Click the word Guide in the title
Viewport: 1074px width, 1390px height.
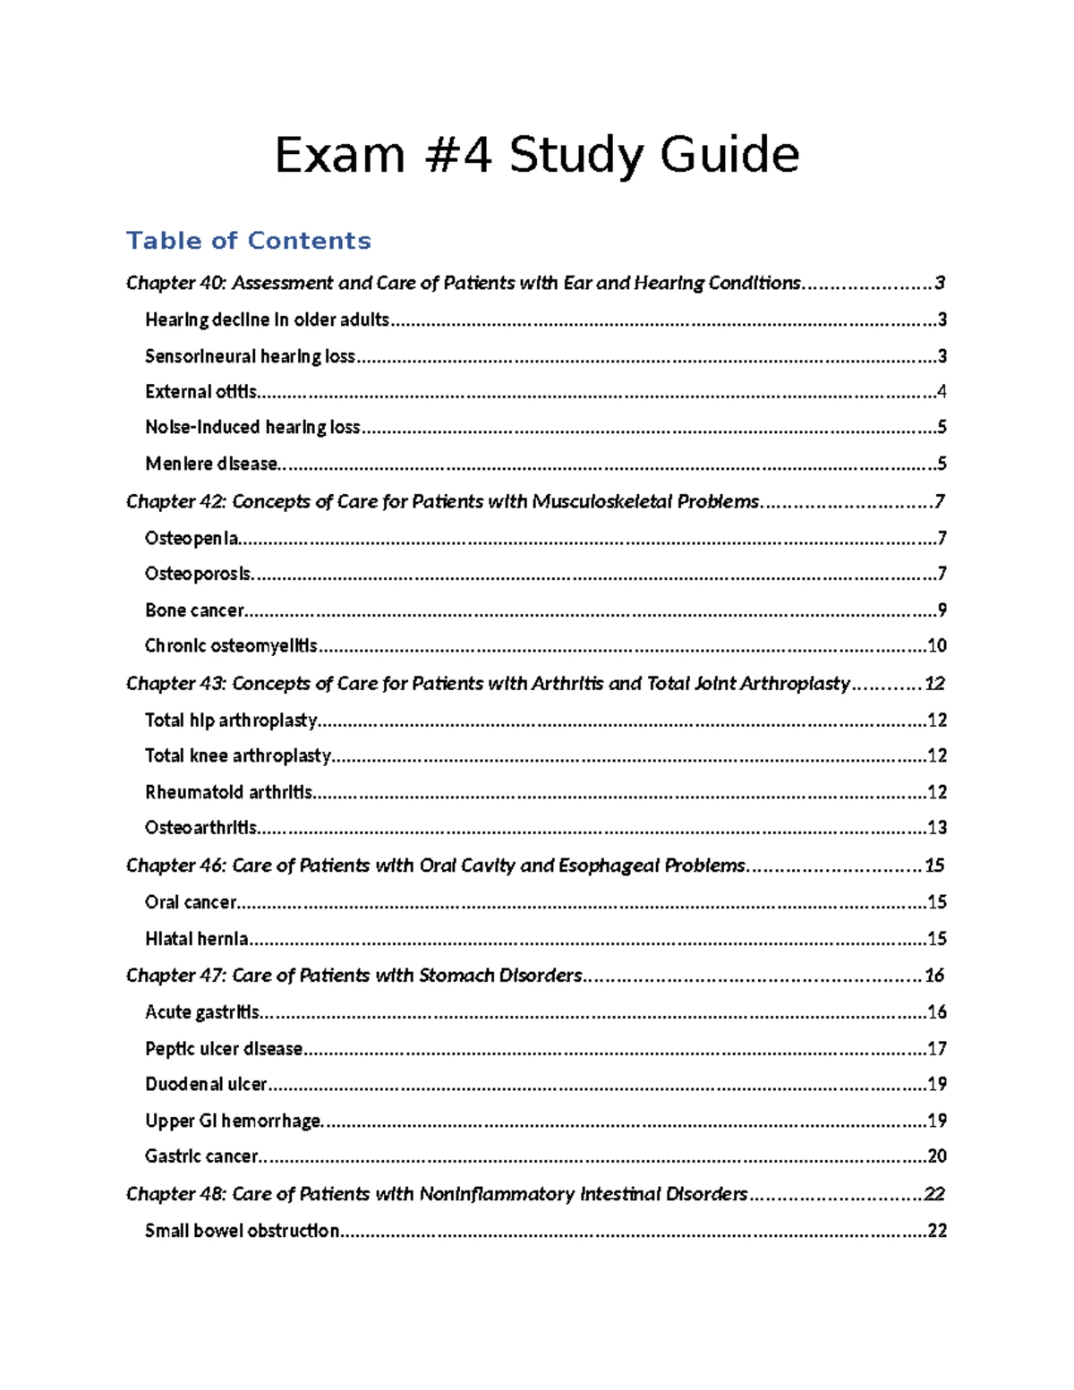point(729,156)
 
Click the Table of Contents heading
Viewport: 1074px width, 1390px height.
point(248,241)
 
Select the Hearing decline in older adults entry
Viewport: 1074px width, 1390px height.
point(267,320)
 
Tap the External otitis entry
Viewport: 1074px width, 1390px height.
point(200,392)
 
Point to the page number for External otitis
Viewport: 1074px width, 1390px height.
point(941,392)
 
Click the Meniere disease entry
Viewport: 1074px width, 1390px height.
point(211,464)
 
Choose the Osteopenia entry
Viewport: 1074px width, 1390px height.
point(192,538)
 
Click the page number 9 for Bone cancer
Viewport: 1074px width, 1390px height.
point(942,610)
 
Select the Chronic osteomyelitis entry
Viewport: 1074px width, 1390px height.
point(231,646)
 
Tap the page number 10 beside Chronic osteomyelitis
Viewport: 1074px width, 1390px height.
point(937,646)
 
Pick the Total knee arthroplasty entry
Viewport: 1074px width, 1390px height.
point(238,756)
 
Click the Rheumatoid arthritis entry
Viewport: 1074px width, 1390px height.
point(228,792)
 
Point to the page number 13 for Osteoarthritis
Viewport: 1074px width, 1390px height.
point(937,828)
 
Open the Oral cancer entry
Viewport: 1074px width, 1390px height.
point(191,902)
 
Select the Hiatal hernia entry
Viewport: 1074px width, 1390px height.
point(196,939)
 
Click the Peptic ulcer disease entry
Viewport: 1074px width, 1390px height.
point(224,1049)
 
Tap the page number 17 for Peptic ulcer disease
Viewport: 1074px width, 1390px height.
point(937,1049)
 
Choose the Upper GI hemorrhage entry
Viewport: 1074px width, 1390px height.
point(233,1121)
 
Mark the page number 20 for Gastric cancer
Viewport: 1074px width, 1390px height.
point(937,1156)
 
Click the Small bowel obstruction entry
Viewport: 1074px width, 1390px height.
point(242,1231)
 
